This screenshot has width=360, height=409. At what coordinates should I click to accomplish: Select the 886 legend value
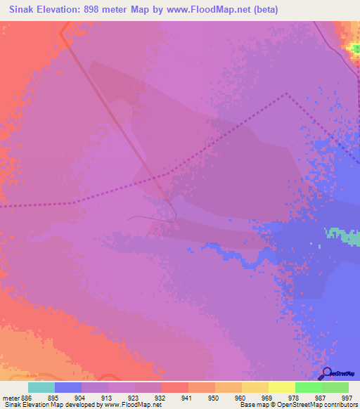pos(27,397)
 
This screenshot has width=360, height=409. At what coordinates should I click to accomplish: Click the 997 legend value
pos(346,397)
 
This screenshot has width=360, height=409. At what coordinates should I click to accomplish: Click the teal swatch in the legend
pos(41,387)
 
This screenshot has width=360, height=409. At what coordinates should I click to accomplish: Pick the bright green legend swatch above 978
pos(309,387)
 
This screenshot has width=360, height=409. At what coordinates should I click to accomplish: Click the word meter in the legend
pos(10,397)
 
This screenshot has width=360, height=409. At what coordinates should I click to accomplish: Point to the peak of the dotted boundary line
pos(286,93)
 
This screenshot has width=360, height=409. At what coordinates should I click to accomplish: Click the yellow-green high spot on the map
pos(353,46)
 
